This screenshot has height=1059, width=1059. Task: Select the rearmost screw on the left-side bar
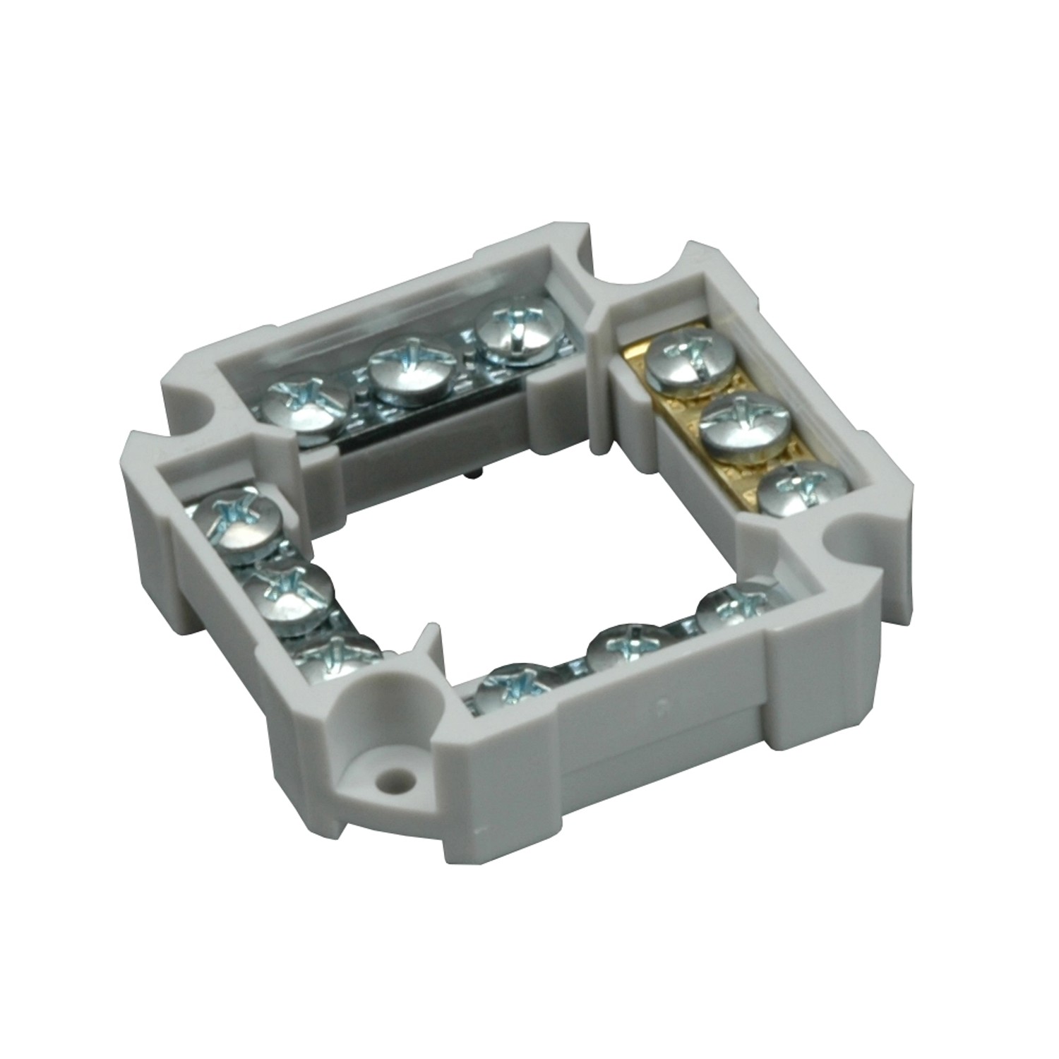click(235, 523)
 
